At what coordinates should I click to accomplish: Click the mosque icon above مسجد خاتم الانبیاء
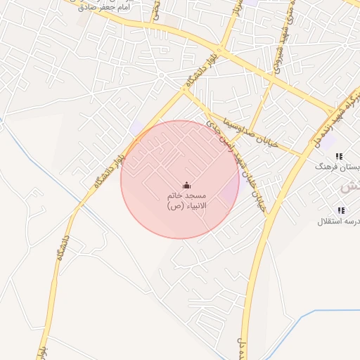click(186, 186)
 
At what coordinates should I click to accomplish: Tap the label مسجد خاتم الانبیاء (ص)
click(186, 200)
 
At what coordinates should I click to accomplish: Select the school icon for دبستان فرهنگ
click(340, 156)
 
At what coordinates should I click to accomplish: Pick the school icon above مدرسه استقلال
click(342, 210)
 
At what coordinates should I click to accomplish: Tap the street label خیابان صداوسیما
click(254, 131)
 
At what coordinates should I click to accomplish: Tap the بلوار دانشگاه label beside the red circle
click(110, 164)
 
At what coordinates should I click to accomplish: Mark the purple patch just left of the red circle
click(136, 129)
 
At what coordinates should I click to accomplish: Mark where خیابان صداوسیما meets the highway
click(304, 154)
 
